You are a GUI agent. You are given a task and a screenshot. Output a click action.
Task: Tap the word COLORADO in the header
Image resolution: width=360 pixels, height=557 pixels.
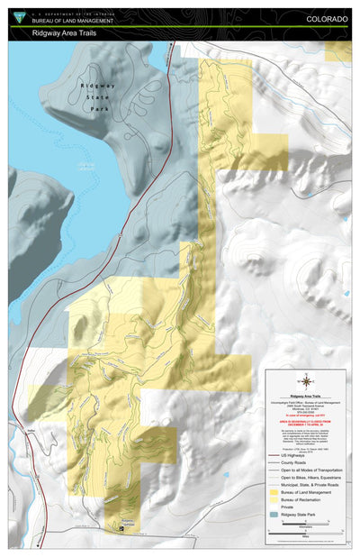click(328, 18)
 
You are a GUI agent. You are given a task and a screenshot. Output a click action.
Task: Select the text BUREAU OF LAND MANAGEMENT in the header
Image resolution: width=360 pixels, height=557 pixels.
click(74, 21)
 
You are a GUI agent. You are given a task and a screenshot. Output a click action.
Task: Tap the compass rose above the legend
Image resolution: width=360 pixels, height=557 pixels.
click(305, 356)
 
